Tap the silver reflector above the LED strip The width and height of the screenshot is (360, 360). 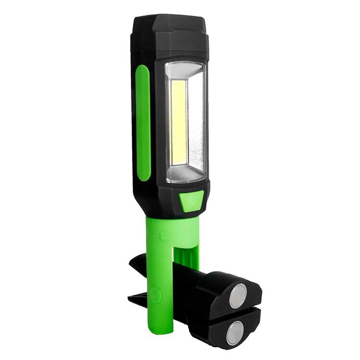pos(185,71)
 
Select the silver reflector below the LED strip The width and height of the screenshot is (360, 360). pos(185,174)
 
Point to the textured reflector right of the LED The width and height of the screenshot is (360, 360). pos(195,122)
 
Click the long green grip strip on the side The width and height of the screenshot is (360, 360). pos(143,122)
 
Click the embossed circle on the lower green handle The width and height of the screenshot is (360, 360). pos(155,294)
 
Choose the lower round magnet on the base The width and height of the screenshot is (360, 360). pos(235,332)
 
